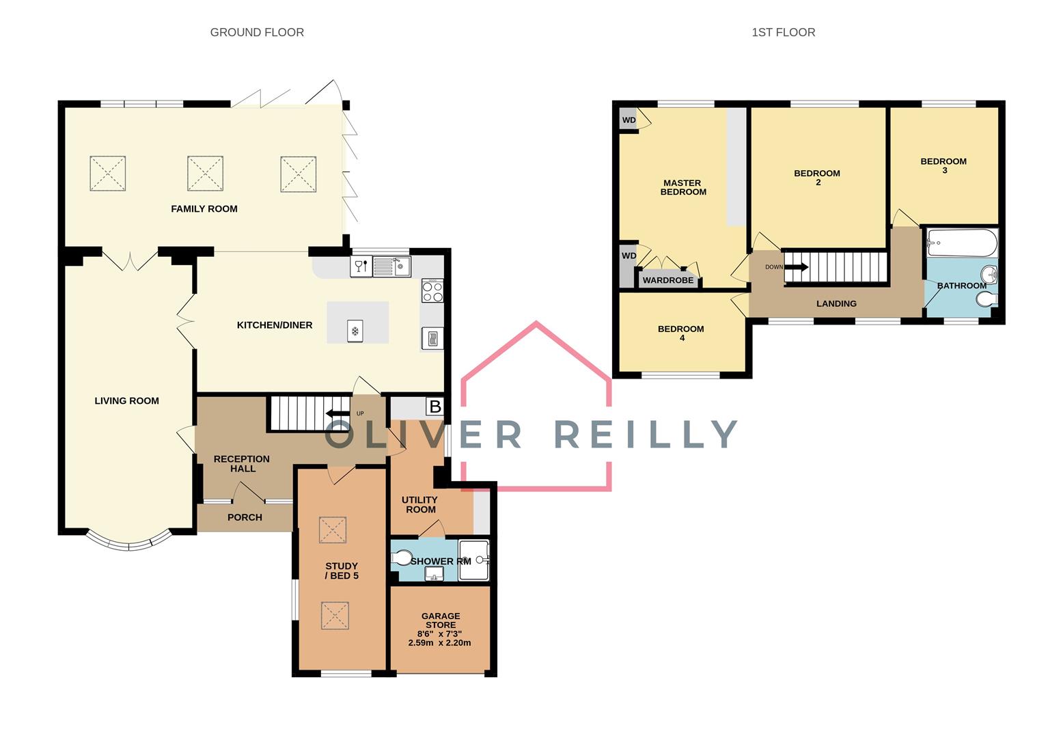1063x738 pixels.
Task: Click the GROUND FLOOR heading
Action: coord(257,32)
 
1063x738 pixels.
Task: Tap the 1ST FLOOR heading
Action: coord(784,32)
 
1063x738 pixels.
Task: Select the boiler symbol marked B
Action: coord(434,407)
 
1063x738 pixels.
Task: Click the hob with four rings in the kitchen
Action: coord(432,290)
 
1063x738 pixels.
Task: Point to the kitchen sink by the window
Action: coord(391,266)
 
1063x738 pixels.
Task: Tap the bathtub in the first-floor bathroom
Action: coord(963,243)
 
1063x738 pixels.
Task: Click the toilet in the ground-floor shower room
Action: coord(402,558)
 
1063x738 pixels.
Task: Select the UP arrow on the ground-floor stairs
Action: coord(337,413)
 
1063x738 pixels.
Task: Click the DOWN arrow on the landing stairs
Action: coord(796,266)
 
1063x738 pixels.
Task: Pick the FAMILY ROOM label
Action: coord(204,209)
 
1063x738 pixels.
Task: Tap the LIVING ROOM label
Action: coord(126,400)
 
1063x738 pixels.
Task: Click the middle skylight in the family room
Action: coord(205,174)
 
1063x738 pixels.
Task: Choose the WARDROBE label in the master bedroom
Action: coord(667,280)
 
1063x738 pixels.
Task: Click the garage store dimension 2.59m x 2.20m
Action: coord(439,643)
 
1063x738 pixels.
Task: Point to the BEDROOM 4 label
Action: coord(681,333)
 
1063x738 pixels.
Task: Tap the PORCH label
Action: coord(245,517)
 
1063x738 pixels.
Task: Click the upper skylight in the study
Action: coord(332,530)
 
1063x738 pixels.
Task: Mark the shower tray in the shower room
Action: coord(474,560)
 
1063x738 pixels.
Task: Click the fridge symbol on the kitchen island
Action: coord(355,331)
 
